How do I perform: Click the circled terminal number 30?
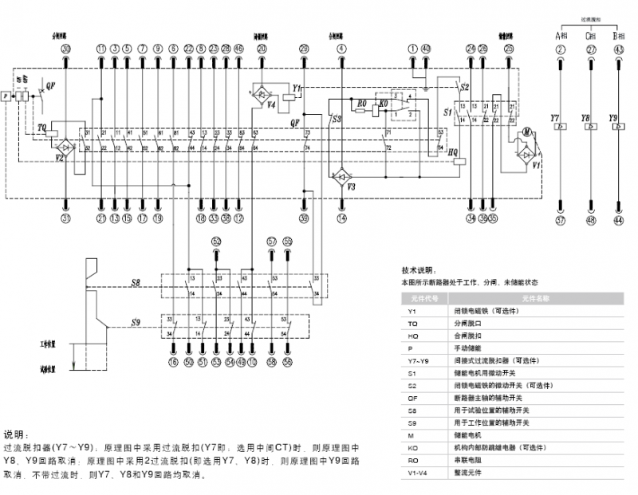coord(66,49)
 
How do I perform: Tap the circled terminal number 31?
coord(66,218)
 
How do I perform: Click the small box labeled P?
coord(6,96)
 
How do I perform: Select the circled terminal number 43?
coord(619,49)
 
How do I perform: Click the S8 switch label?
coord(136,282)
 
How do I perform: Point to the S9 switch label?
coord(136,322)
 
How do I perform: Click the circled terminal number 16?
coord(172,363)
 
